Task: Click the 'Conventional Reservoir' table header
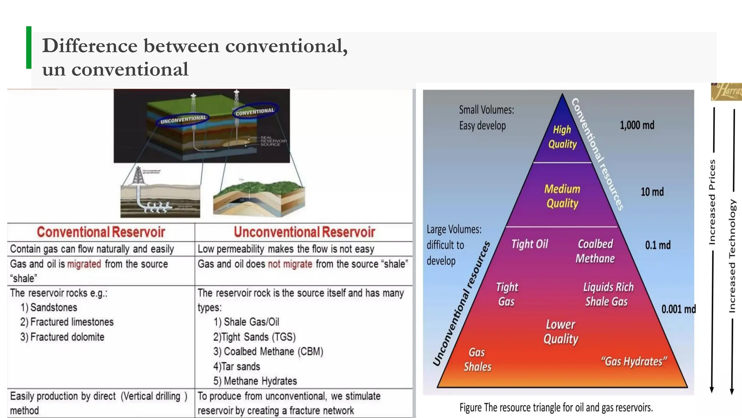pos(101,232)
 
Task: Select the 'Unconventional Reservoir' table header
pos(304,232)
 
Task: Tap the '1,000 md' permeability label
pos(637,126)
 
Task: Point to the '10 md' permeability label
pos(652,192)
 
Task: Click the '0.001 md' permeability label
pos(678,309)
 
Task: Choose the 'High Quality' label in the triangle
pos(562,137)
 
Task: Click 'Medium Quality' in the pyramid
pos(562,196)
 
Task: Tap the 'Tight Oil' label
pos(529,244)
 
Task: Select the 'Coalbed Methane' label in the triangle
pos(595,251)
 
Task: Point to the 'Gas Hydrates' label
pos(634,361)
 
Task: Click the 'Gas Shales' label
pos(477,360)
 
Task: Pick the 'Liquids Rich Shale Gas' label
pos(608,294)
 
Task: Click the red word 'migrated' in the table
pos(84,264)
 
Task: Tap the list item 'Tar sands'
pos(237,366)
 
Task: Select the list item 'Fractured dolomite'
pos(62,337)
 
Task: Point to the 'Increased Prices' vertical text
pos(712,201)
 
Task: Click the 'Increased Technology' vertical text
pos(732,256)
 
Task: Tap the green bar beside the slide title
pos(29,48)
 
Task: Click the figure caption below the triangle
pos(556,408)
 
